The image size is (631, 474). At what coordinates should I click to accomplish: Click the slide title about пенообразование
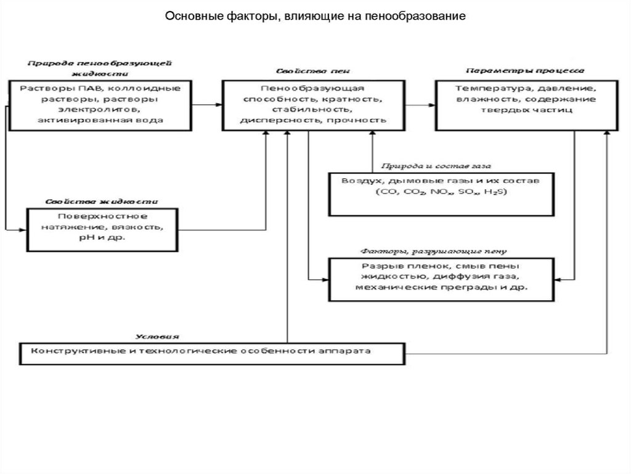[315, 14]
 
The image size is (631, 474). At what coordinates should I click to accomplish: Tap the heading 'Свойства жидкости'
[100, 202]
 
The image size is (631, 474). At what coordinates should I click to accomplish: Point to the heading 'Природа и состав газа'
[431, 166]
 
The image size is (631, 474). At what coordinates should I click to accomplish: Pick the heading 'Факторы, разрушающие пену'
[433, 251]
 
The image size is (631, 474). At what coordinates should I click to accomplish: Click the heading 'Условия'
[158, 337]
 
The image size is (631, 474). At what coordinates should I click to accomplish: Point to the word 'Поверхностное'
[103, 216]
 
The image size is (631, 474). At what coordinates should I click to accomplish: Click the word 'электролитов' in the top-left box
[100, 109]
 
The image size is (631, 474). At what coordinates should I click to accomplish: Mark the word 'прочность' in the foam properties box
[365, 120]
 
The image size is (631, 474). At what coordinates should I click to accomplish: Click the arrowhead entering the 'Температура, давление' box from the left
[431, 104]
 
